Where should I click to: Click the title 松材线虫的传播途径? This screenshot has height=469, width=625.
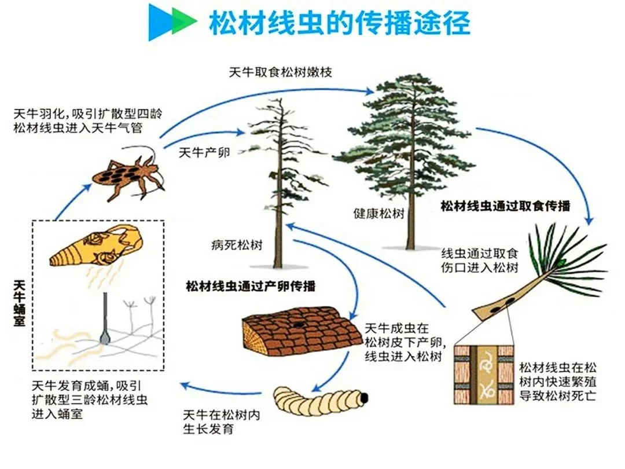tap(340, 23)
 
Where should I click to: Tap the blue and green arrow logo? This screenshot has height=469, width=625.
tap(172, 22)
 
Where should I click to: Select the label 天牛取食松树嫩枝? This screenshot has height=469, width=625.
tap(280, 72)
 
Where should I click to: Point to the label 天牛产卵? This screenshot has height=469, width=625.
tap(204, 152)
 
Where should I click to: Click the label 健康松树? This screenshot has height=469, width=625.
tap(378, 213)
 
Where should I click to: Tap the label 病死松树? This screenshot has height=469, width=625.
tap(237, 245)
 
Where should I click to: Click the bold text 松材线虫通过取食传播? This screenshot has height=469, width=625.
tap(505, 206)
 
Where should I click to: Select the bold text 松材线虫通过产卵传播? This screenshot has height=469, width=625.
tap(251, 286)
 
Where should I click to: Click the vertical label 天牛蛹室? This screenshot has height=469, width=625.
tap(19, 303)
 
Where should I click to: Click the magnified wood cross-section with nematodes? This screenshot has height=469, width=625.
tap(485, 375)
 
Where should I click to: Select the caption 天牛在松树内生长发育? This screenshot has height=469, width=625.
tap(222, 422)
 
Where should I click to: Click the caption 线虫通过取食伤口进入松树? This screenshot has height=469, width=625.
tap(480, 260)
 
